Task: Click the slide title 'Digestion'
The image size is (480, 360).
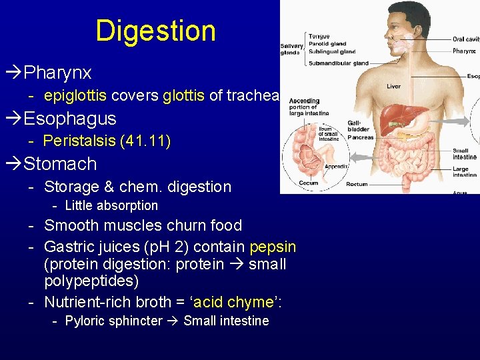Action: click(x=155, y=31)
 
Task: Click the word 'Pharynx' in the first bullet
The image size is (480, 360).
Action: click(x=57, y=72)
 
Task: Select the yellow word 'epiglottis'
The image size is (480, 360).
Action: click(x=75, y=95)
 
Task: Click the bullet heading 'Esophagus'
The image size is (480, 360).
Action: click(x=69, y=119)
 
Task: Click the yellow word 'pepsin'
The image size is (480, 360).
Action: click(x=273, y=247)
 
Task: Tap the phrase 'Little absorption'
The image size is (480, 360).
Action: click(x=111, y=206)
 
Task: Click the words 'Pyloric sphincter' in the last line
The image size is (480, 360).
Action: click(x=113, y=321)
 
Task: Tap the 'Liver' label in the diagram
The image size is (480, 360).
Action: click(x=393, y=86)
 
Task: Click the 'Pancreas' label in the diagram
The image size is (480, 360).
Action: click(x=361, y=137)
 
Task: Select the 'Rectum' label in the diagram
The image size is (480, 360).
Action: click(x=357, y=184)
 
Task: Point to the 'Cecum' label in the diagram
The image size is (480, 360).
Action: click(x=309, y=183)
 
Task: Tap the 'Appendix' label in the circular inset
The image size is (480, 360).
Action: click(x=335, y=167)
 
